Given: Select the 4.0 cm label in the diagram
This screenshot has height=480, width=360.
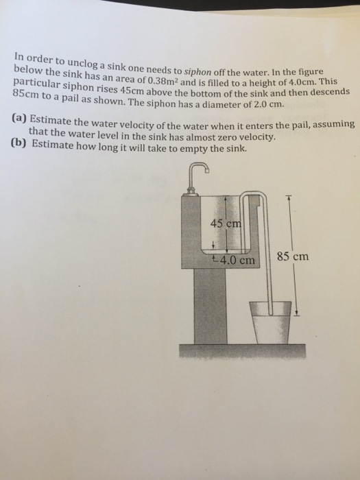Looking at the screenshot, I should [235, 261].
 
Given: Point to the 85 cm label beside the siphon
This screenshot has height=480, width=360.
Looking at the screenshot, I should [292, 258].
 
